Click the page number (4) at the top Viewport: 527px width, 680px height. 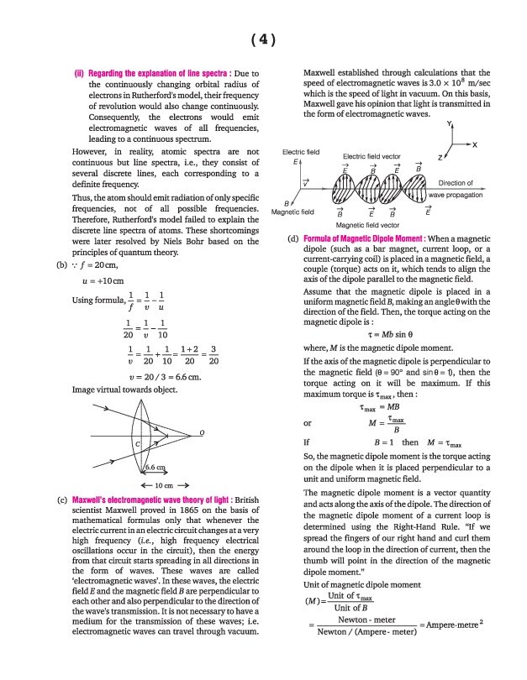[263, 39]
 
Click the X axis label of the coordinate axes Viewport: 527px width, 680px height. [475, 144]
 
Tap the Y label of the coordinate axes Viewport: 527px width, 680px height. [450, 123]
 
